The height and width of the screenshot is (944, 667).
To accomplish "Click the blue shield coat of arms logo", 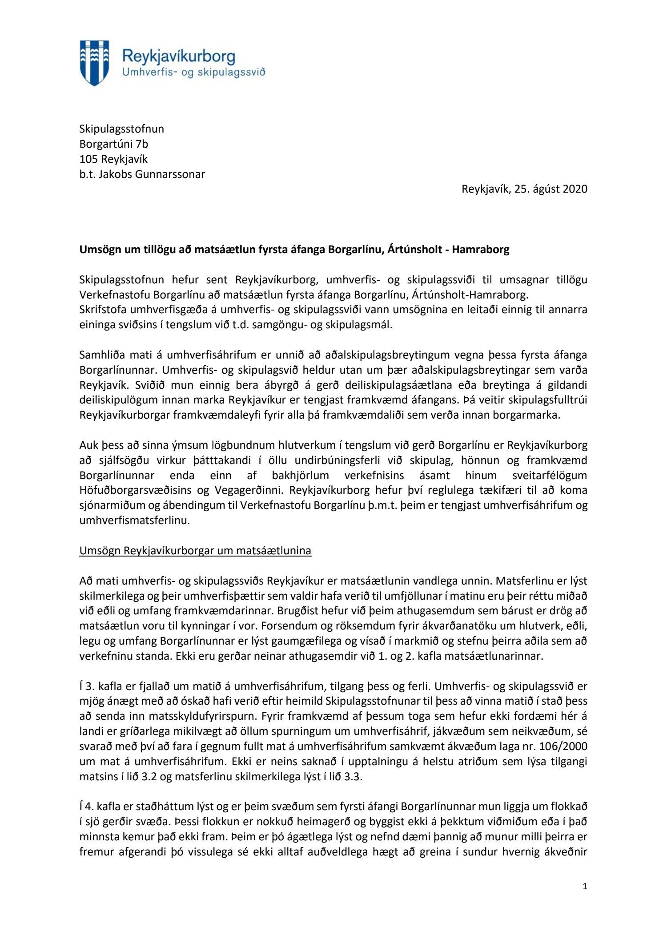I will click(94, 63).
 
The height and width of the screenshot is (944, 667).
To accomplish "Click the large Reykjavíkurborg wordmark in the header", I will click(178, 56).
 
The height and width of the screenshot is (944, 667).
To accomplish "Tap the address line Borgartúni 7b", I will click(113, 144).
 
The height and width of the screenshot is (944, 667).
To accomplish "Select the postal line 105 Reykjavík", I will click(113, 159).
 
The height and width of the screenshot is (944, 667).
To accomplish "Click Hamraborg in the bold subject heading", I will click(481, 250).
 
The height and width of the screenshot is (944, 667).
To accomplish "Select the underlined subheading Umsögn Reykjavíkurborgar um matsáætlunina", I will click(195, 551).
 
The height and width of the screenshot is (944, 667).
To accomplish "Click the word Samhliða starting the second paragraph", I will click(101, 355).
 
